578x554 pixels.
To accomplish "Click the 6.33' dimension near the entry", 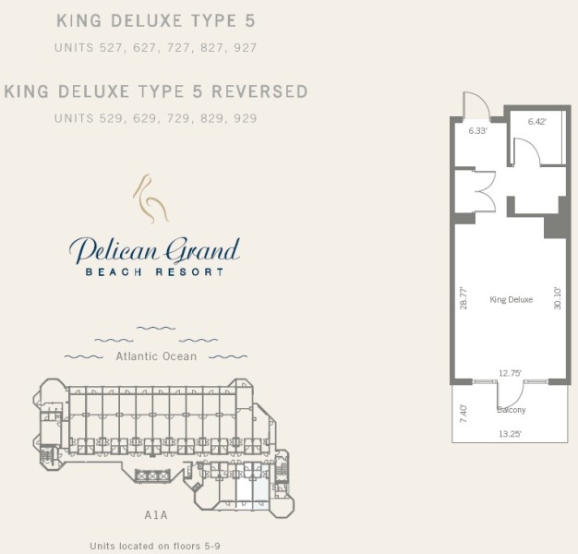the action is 478,130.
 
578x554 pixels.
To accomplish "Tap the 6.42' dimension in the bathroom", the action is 537,121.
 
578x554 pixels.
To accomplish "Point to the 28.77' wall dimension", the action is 464,298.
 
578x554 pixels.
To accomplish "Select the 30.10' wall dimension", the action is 558,298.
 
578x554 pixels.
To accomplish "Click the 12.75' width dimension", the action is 510,373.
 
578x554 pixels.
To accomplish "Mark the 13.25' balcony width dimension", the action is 510,434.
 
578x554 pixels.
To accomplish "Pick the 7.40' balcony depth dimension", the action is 464,414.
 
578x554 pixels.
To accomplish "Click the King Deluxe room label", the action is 512,299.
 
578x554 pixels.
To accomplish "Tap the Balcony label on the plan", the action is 512,410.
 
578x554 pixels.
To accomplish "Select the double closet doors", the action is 485,192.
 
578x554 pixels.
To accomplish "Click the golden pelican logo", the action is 151,199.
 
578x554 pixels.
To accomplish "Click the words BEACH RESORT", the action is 154,272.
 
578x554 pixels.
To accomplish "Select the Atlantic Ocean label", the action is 156,356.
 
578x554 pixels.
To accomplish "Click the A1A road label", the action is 156,515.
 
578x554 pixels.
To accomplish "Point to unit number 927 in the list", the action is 245,47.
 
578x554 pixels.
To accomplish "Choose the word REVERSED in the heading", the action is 259,91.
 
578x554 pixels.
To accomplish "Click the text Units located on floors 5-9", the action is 155,546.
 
